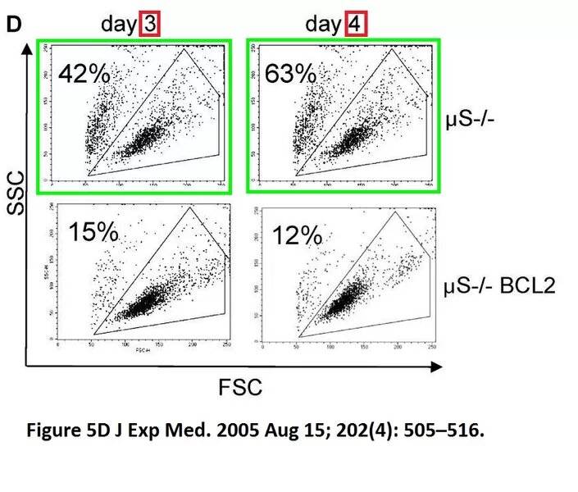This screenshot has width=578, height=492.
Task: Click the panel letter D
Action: pyautogui.click(x=13, y=24)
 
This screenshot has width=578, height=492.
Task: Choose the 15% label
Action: pyautogui.click(x=93, y=232)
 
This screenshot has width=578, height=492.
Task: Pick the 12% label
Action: pyautogui.click(x=297, y=235)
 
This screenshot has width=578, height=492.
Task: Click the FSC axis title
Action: pyautogui.click(x=241, y=387)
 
